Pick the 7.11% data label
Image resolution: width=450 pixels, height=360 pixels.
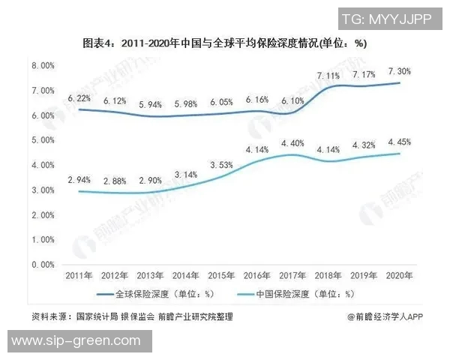(x=330, y=76)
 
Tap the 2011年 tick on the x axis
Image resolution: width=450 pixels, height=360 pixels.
(x=80, y=276)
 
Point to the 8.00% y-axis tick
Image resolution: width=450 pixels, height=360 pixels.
(x=43, y=66)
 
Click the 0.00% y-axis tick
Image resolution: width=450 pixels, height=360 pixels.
(x=43, y=265)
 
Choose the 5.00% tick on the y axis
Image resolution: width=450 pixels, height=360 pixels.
(x=43, y=140)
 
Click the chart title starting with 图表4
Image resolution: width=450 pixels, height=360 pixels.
(x=224, y=43)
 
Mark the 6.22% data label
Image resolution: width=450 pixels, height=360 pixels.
(x=80, y=98)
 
